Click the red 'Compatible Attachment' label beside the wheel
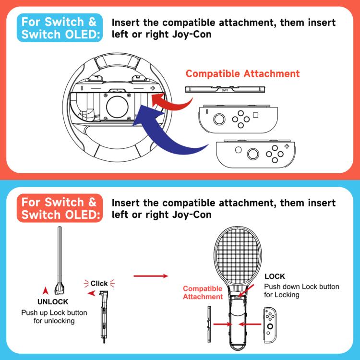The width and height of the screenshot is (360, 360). point(242,73)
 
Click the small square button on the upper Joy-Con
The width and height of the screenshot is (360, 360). point(255,116)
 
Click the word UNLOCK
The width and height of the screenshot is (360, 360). point(53,302)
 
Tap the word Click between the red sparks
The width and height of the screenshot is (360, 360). point(99,283)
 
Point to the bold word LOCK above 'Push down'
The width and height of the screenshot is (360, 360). point(275,276)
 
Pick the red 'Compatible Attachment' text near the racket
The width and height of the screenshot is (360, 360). point(203,293)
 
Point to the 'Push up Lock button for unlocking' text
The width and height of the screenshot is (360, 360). point(54,316)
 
